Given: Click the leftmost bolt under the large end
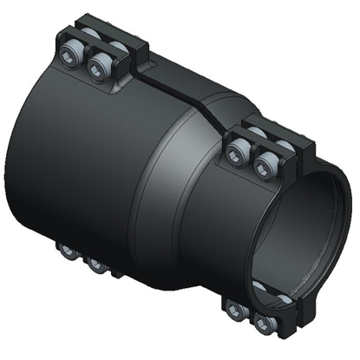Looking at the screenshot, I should tap(66, 252).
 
